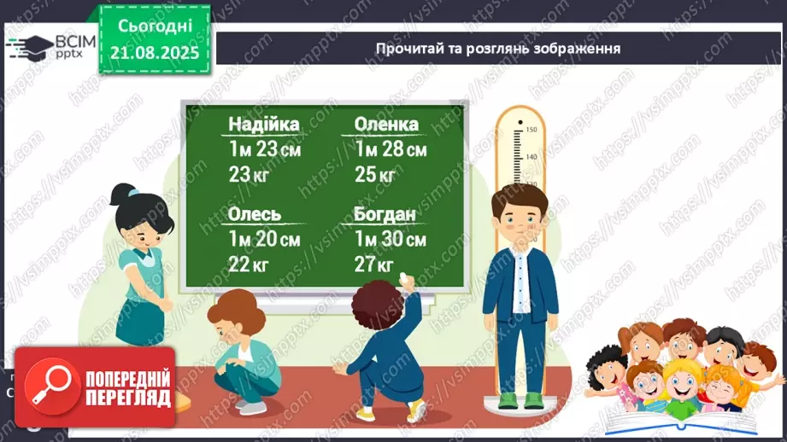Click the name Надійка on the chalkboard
264,125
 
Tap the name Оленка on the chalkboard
386,125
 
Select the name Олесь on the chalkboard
255,214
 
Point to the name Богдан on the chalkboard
385,214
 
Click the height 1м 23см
265,150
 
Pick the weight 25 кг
375,176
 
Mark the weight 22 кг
248,265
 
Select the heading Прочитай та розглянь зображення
497,49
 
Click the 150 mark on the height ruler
530,130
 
